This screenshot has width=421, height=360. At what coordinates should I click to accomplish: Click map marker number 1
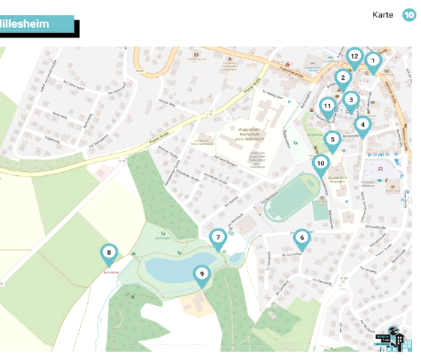tap(373, 61)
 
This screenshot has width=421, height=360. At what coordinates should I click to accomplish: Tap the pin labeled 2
tap(343, 77)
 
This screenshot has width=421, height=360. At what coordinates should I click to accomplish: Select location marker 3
tap(350, 99)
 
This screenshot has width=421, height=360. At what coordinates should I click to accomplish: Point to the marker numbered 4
tap(362, 125)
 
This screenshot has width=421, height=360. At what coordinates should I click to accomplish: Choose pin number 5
tap(332, 139)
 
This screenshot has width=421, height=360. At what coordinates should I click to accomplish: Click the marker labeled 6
tap(301, 238)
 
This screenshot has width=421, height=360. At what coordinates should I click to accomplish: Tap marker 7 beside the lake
tap(217, 238)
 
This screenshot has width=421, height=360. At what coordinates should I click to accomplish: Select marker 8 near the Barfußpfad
tap(109, 253)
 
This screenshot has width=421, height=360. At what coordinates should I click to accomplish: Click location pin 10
tap(320, 163)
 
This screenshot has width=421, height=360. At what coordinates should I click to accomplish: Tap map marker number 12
tap(354, 56)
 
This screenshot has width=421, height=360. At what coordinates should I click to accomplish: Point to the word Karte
tap(383, 15)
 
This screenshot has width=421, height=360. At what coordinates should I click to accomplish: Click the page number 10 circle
tap(410, 15)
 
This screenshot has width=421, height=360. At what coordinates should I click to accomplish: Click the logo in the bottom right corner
tap(396, 338)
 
